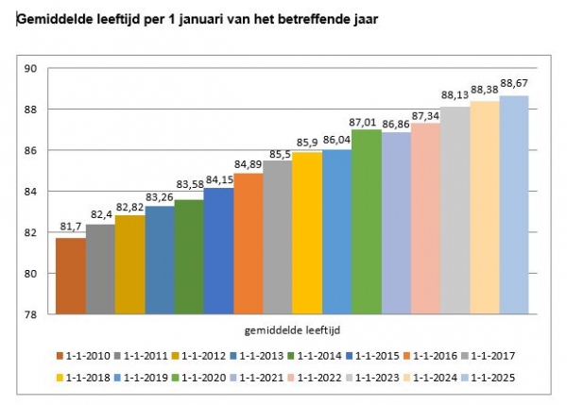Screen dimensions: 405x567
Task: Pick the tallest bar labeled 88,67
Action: point(513,204)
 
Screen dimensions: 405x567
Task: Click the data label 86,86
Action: point(396,124)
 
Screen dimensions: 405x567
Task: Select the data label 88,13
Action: point(455,95)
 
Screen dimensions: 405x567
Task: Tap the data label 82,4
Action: point(99,215)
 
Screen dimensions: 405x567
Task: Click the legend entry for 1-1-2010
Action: point(86,356)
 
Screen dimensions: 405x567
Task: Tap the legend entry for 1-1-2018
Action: point(86,378)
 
